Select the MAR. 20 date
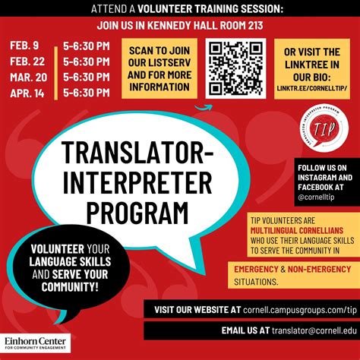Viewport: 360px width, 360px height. coord(29,77)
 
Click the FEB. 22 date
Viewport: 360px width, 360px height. coord(29,62)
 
